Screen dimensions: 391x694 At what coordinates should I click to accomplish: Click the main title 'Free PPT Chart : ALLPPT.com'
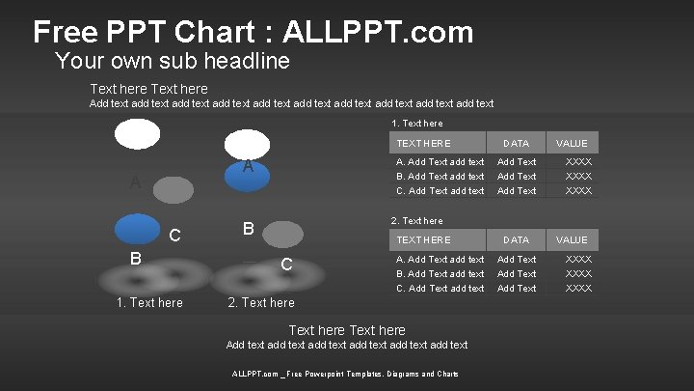click(253, 33)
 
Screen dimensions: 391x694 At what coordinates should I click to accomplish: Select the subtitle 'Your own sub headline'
click(173, 62)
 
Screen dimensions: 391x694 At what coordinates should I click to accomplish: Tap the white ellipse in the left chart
click(138, 134)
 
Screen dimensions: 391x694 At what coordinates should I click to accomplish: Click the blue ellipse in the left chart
click(137, 228)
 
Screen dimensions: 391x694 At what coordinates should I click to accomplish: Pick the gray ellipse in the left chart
click(173, 190)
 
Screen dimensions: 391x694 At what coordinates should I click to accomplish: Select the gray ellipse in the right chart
click(282, 234)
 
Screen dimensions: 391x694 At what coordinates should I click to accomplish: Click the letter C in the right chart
click(286, 265)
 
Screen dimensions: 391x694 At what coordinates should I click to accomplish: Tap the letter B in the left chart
click(137, 258)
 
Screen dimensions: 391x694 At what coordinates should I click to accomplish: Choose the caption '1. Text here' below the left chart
click(149, 302)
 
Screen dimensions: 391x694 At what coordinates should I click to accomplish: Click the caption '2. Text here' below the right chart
click(261, 302)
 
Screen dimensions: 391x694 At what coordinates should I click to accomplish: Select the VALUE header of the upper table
click(572, 143)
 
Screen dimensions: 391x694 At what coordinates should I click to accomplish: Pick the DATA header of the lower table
click(517, 239)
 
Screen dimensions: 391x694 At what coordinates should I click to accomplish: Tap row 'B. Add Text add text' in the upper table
click(440, 177)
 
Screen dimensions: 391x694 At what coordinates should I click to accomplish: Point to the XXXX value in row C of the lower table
click(578, 288)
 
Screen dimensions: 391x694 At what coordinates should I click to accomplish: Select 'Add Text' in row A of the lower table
click(517, 259)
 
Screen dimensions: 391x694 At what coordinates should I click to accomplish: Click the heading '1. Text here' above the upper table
click(417, 124)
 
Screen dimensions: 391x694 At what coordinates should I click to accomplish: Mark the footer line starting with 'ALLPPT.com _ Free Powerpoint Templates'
click(345, 374)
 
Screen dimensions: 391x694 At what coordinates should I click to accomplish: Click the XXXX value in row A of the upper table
click(578, 162)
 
